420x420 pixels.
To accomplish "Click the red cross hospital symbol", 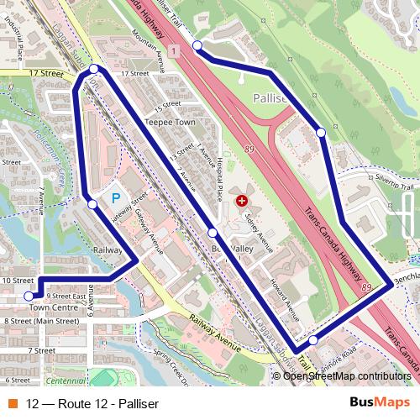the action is pos(242,201).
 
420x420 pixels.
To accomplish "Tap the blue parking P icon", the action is pos(116,199).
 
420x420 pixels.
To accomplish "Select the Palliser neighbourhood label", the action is pos(270,98).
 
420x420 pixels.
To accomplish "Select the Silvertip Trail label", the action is pos(393,181).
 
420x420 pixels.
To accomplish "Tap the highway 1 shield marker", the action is pos(173,52).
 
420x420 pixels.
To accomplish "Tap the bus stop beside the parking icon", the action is pos(92,203).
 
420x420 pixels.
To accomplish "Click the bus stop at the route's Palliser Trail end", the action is pos(197,45).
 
